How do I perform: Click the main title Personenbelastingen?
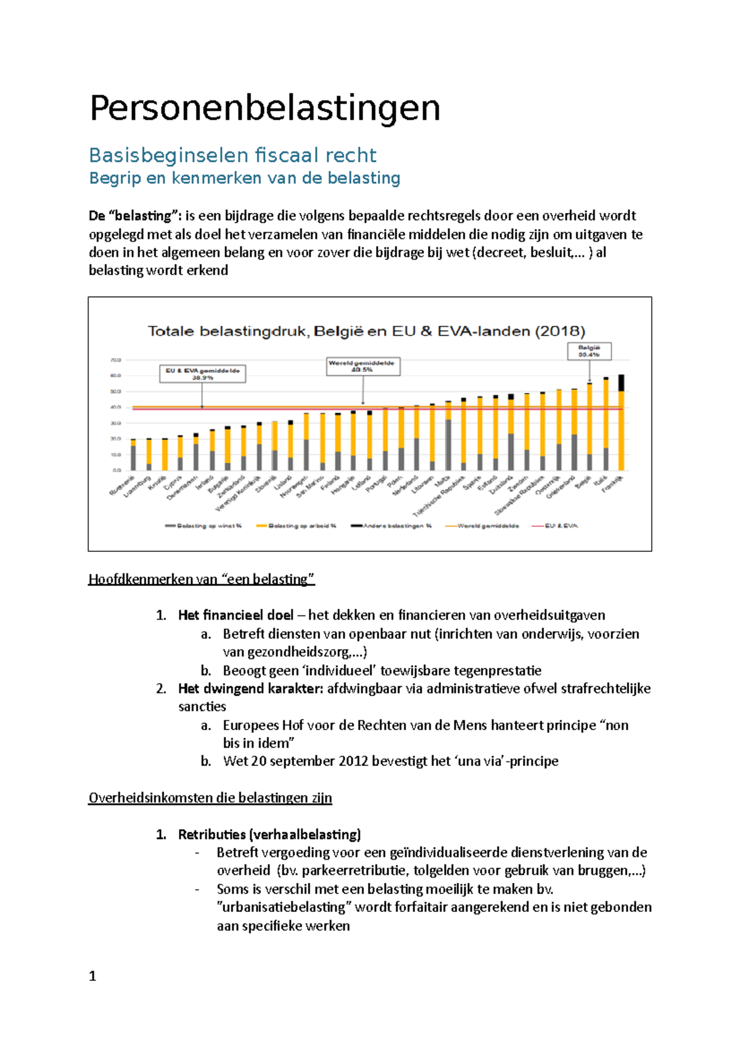pyautogui.click(x=265, y=109)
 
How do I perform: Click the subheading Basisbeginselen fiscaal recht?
pyautogui.click(x=232, y=155)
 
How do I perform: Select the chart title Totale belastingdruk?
pyautogui.click(x=366, y=331)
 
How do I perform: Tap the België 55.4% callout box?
pyautogui.click(x=589, y=351)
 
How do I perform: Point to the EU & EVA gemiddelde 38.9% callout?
pyautogui.click(x=202, y=374)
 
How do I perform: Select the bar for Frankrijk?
pyautogui.click(x=621, y=425)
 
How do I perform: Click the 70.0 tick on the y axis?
pyautogui.click(x=115, y=359)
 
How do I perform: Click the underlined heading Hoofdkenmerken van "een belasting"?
pyautogui.click(x=202, y=579)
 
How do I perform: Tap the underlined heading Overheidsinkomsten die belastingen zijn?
pyautogui.click(x=210, y=798)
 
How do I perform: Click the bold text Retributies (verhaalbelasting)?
pyautogui.click(x=269, y=834)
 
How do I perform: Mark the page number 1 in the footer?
pyautogui.click(x=92, y=976)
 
